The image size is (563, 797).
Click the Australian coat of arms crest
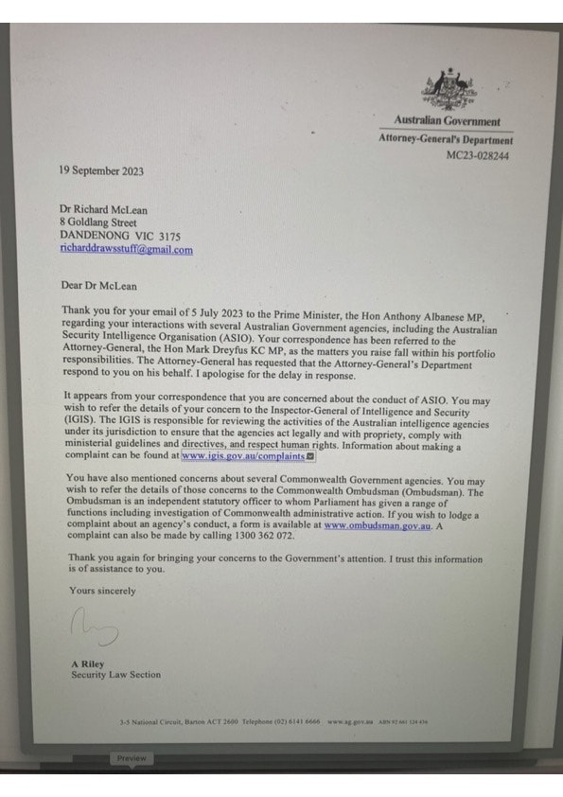[446, 90]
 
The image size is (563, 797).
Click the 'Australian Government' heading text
[448, 122]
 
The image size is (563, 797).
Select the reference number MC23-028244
[477, 155]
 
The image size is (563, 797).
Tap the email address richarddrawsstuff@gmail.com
[126, 250]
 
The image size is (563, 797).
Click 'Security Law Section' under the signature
[115, 676]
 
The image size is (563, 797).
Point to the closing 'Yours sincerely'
[102, 591]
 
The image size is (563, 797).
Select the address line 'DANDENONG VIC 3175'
[120, 236]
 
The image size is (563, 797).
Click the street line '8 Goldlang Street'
[98, 222]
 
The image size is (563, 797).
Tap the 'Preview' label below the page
[132, 758]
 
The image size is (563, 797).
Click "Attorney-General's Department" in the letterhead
[445, 139]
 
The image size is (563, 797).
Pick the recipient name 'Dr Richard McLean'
[103, 209]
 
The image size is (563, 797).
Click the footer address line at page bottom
[273, 722]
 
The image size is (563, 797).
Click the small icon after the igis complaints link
[311, 456]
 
